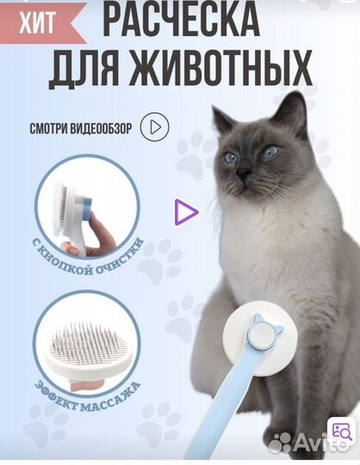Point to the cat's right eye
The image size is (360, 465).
tap(270, 152)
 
